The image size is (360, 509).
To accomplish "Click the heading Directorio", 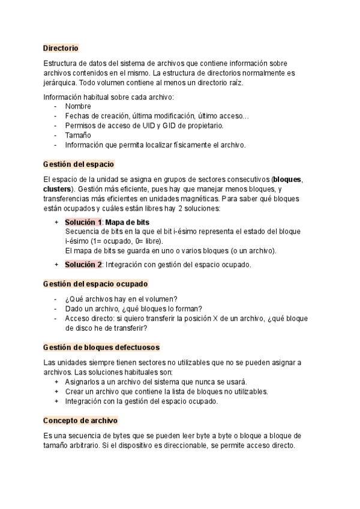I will [61, 47].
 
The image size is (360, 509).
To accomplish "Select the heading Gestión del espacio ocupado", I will [96, 283].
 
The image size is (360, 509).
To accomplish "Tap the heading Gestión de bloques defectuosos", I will [101, 347].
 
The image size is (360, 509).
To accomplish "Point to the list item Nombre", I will [78, 106].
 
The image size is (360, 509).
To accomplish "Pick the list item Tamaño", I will [78, 135].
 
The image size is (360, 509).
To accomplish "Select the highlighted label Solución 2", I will [83, 264].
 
